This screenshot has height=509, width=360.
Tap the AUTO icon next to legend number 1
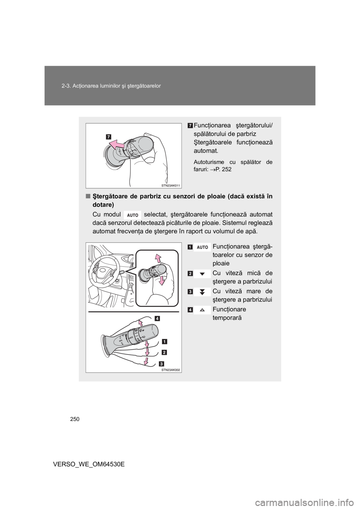pyautogui.click(x=202, y=247)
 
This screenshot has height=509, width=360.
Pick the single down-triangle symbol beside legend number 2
pyautogui.click(x=202, y=274)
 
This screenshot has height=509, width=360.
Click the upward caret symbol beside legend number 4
pyautogui.click(x=202, y=310)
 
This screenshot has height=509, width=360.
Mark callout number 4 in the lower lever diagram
pyautogui.click(x=157, y=319)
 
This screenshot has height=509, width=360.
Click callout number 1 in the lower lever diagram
pyautogui.click(x=164, y=341)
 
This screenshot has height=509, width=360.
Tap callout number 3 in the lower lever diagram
pyautogui.click(x=160, y=363)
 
